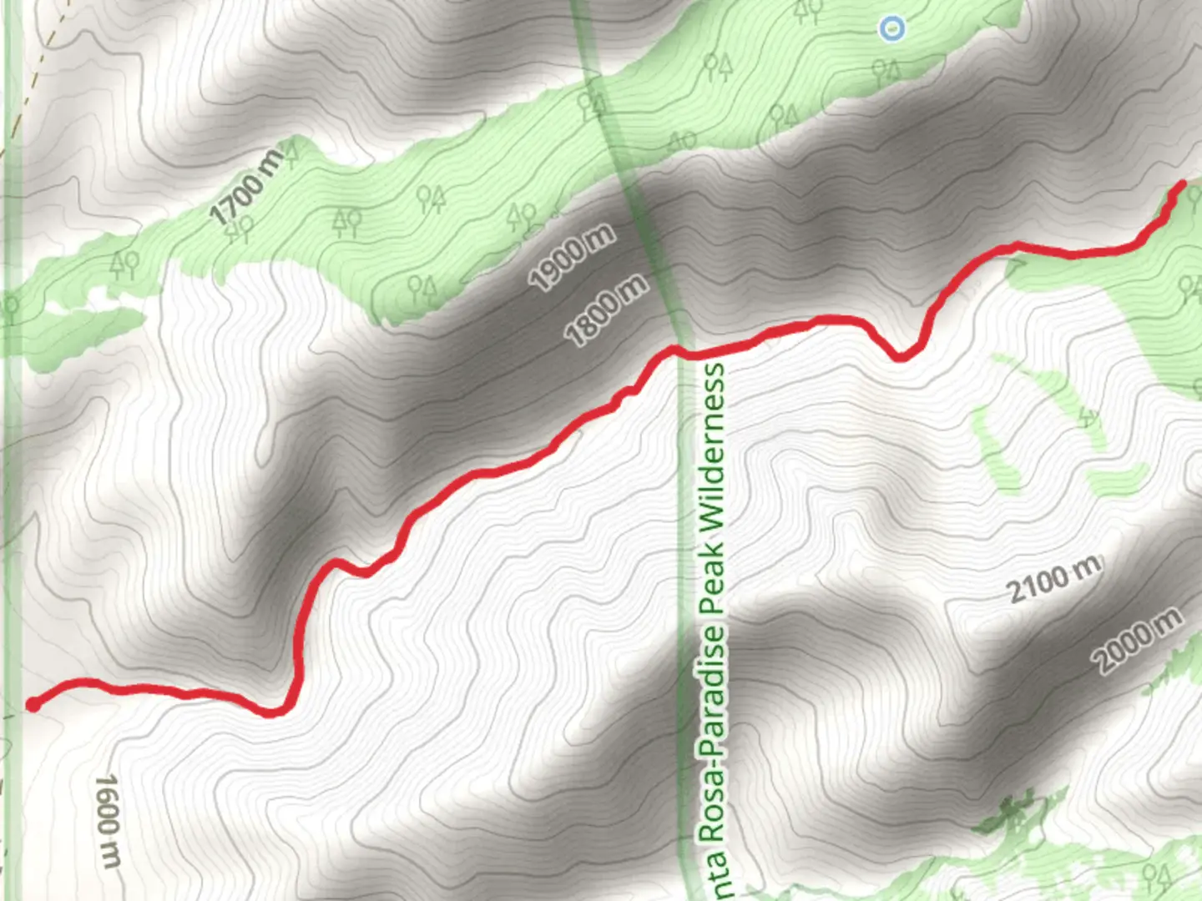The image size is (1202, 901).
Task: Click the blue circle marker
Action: point(892,29)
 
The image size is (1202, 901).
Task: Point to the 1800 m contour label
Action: point(607,310)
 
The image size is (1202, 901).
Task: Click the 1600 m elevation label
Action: point(109,821)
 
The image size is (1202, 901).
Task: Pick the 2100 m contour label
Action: point(1053,580)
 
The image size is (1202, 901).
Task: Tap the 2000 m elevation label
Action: point(1138,640)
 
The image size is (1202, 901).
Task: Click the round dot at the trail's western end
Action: point(33,705)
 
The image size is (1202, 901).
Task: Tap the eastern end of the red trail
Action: point(1181,184)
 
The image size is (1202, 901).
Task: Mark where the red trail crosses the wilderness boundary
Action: point(678,351)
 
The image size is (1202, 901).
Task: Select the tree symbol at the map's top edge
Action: point(806,10)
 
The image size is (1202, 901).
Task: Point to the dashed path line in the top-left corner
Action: point(33,75)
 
